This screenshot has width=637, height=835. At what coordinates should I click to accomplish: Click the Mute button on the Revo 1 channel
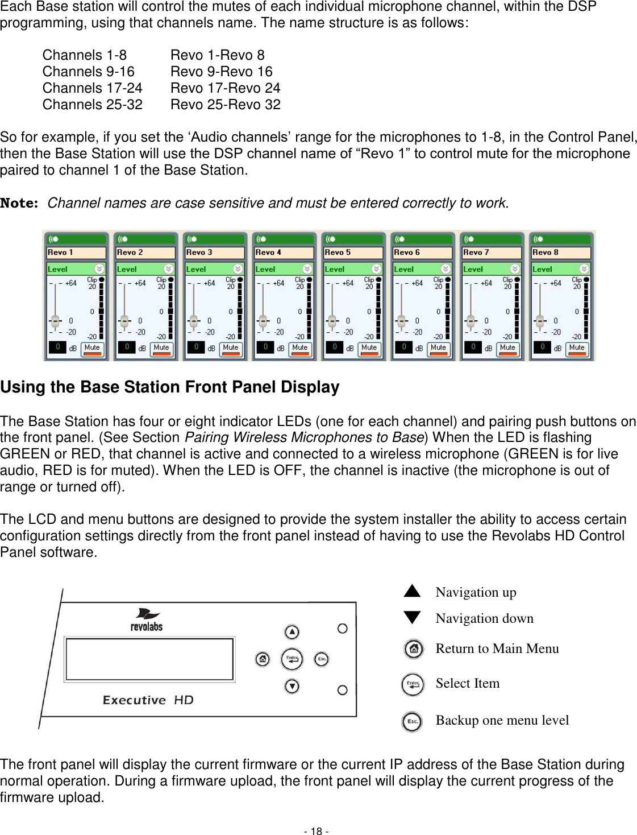tap(92, 349)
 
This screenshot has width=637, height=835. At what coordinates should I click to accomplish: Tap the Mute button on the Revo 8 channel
tap(577, 349)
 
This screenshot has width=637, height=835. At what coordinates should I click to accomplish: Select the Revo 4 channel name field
tap(284, 253)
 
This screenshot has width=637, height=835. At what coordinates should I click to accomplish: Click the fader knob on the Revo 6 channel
tap(401, 320)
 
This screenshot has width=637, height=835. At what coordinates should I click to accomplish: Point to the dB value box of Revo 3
tap(196, 347)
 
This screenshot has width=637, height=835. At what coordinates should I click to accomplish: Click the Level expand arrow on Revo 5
tap(376, 268)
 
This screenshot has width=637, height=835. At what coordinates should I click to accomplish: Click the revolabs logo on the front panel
tap(147, 620)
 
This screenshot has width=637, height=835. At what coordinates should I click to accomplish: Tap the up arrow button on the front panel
tap(292, 632)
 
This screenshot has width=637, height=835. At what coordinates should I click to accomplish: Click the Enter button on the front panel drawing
tap(292, 659)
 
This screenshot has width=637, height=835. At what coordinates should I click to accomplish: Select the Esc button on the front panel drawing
tap(322, 659)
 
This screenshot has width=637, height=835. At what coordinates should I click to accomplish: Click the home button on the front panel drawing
tap(263, 659)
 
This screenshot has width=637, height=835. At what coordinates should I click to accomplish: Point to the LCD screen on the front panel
tap(149, 659)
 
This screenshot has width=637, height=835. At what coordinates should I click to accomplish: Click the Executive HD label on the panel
tap(148, 700)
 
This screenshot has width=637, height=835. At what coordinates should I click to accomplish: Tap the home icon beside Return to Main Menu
tap(414, 649)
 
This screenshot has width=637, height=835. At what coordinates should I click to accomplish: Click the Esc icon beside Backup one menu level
tap(411, 722)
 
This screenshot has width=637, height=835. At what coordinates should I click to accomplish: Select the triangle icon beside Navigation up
tap(412, 592)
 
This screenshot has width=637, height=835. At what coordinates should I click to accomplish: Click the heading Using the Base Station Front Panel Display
tap(170, 387)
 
